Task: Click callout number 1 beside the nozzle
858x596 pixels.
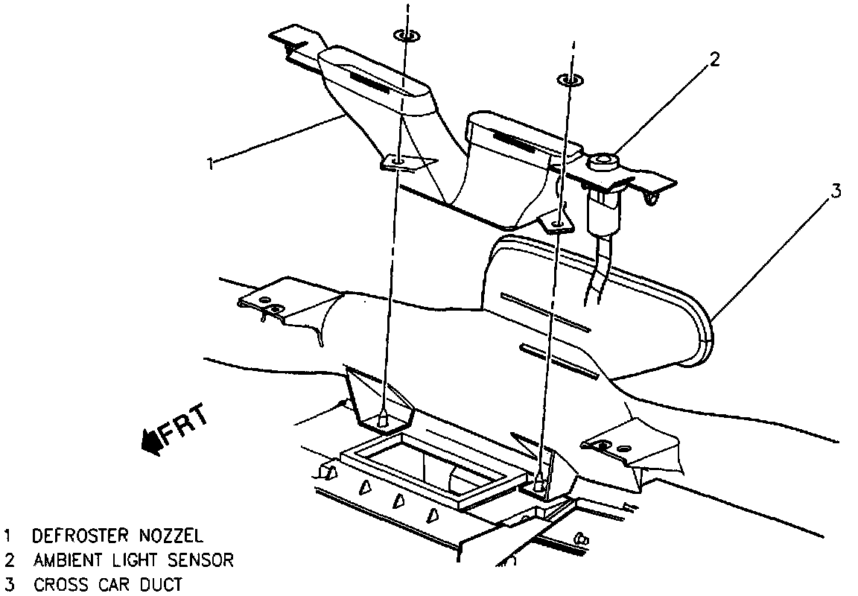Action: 211,162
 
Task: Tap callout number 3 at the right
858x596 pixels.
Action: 836,192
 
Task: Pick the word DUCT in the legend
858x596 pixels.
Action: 160,585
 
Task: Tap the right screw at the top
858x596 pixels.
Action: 568,79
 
